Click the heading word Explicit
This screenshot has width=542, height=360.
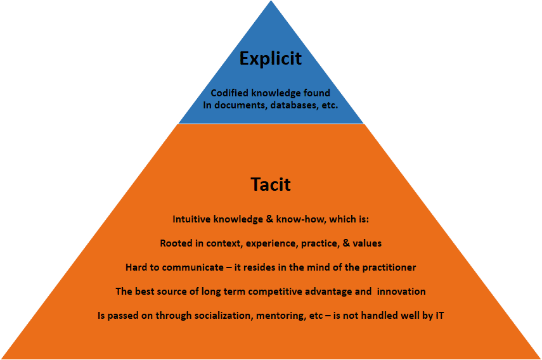pyautogui.click(x=271, y=59)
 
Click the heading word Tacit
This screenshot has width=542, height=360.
pyautogui.click(x=271, y=184)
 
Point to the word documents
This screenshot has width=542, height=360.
pyautogui.click(x=241, y=105)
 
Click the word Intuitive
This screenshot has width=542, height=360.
pyautogui.click(x=191, y=219)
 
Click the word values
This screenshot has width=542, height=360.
pyautogui.click(x=367, y=243)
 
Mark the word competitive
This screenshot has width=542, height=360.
pyautogui.click(x=269, y=292)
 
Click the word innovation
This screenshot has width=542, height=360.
pyautogui.click(x=401, y=292)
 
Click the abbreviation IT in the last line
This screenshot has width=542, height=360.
pyautogui.click(x=439, y=316)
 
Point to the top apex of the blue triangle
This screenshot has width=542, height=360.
pyautogui.click(x=271, y=1)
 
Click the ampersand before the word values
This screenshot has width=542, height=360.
pyautogui.click(x=346, y=243)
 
